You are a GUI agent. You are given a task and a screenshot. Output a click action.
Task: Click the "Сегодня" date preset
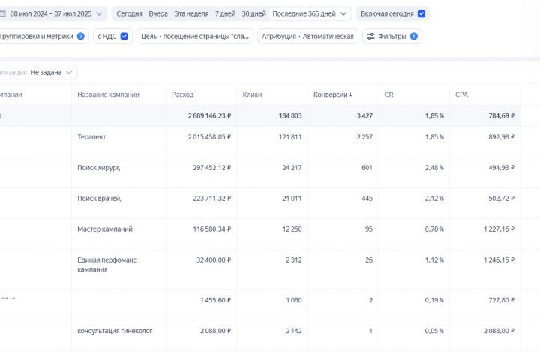pyautogui.click(x=129, y=13)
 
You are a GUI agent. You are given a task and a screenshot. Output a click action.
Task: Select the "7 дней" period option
pyautogui.click(x=224, y=13)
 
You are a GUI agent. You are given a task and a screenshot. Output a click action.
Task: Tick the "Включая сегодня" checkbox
pyautogui.click(x=421, y=13)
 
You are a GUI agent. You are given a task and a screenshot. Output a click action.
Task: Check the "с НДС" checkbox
pyautogui.click(x=124, y=36)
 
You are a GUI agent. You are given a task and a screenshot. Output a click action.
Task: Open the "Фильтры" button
pyautogui.click(x=391, y=36)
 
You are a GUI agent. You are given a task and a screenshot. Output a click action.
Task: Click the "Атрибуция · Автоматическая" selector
pyautogui.click(x=307, y=36)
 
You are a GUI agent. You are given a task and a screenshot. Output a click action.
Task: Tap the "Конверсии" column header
pyautogui.click(x=333, y=94)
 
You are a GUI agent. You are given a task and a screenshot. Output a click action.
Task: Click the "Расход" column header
pyautogui.click(x=182, y=94)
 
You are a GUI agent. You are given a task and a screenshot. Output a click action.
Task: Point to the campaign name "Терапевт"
pyautogui.click(x=91, y=137)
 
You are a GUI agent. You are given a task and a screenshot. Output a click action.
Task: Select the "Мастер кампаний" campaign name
pyautogui.click(x=105, y=229)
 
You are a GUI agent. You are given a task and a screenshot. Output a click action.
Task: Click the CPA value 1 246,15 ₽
pyautogui.click(x=491, y=259)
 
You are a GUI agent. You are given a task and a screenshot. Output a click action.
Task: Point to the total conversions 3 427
pyautogui.click(x=360, y=115)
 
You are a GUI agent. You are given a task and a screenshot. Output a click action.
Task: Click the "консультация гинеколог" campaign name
pyautogui.click(x=115, y=331)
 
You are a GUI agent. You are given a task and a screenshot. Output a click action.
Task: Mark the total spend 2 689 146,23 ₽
pyautogui.click(x=209, y=115)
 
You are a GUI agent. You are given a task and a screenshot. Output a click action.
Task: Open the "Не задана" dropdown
pyautogui.click(x=52, y=72)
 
